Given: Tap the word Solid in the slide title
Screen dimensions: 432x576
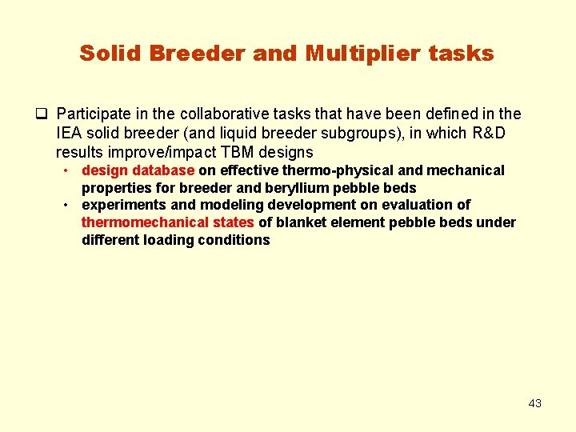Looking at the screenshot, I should pyautogui.click(x=108, y=54).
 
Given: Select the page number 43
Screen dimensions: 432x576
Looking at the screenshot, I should pyautogui.click(x=535, y=403).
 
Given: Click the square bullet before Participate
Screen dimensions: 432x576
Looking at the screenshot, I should pyautogui.click(x=42, y=114).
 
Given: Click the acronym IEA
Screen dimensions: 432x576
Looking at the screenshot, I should pyautogui.click(x=70, y=133).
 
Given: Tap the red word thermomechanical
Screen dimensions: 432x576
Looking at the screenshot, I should pyautogui.click(x=141, y=222).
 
